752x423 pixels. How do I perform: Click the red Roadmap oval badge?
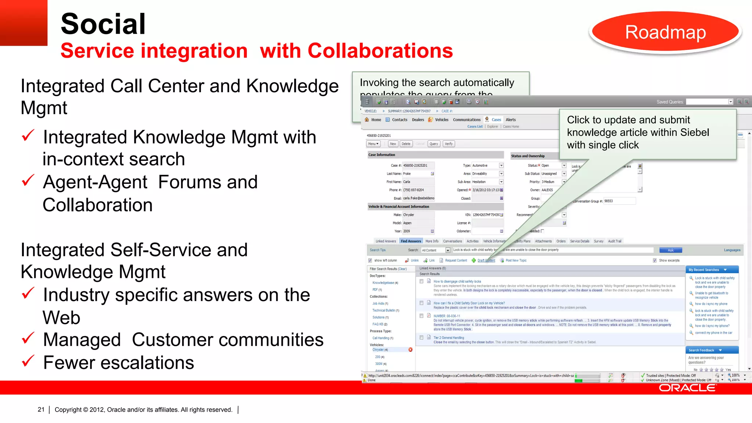click(x=665, y=32)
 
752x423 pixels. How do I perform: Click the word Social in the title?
click(x=103, y=24)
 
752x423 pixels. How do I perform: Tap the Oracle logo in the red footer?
click(x=687, y=388)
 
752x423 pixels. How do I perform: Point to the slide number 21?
click(x=41, y=409)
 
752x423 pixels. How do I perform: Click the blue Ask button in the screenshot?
click(x=670, y=250)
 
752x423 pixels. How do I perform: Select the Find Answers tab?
click(x=411, y=241)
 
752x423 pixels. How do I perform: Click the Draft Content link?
click(x=486, y=260)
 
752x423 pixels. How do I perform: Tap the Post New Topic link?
click(x=516, y=260)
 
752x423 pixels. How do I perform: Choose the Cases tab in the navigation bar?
click(x=496, y=120)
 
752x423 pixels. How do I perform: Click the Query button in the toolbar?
click(x=434, y=144)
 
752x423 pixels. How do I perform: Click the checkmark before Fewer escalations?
click(x=28, y=361)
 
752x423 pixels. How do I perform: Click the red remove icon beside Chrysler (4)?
click(x=411, y=350)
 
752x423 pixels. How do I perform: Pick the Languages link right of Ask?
click(x=732, y=250)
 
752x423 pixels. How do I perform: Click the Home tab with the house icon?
click(x=373, y=120)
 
